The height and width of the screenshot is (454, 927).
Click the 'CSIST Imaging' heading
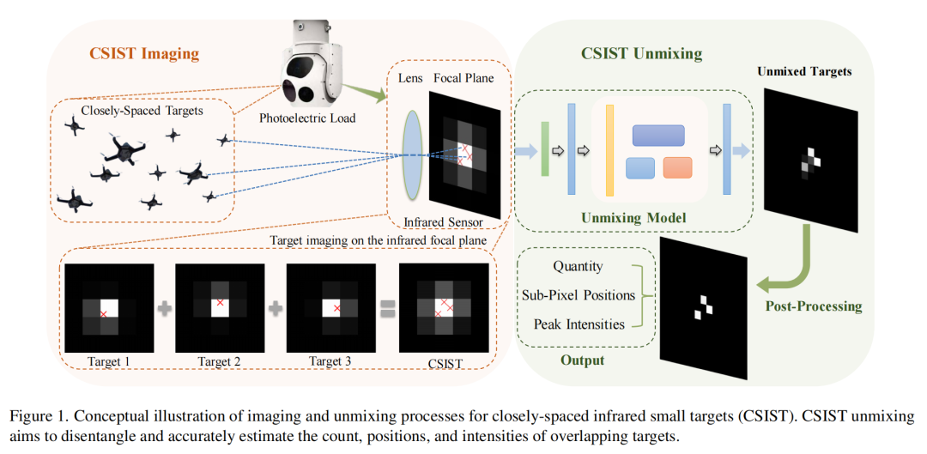pos(144,54)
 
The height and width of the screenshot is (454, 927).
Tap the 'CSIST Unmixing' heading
pos(641,53)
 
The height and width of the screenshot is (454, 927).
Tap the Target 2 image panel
pos(220,307)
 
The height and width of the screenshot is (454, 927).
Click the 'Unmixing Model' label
pos(633,217)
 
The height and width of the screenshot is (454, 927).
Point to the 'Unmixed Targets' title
pos(804,71)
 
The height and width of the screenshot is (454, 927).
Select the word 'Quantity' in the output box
pos(578,267)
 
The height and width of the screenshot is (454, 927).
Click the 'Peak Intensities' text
pos(579,324)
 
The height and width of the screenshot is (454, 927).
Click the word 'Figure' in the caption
pos(31,416)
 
